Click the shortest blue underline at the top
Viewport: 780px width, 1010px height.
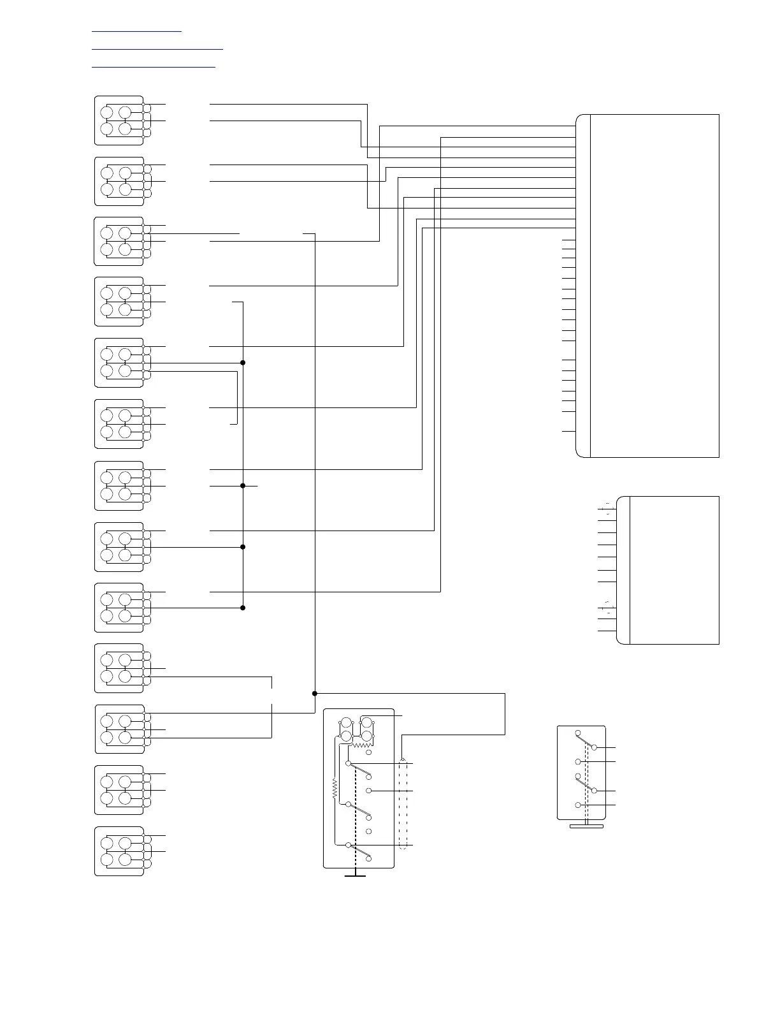pos(136,30)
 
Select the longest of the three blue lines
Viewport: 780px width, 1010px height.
pos(157,48)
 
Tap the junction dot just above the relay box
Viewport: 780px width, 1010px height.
pos(315,693)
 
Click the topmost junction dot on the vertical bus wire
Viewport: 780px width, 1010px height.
pos(243,362)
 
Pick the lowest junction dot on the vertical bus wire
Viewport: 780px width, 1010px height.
pos(243,608)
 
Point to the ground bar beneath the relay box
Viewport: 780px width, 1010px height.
pos(355,876)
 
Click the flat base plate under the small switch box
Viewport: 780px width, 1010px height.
pos(586,826)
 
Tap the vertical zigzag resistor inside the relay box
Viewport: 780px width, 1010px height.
pos(334,791)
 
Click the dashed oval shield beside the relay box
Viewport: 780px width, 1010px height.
pos(403,803)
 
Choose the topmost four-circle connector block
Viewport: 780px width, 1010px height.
pos(119,121)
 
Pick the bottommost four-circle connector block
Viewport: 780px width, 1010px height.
pos(119,851)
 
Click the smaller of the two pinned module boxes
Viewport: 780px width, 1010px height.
pos(668,570)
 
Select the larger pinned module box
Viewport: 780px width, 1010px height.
pos(647,286)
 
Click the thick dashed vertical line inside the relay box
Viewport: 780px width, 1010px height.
pos(355,810)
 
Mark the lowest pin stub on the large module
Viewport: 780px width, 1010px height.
pos(568,432)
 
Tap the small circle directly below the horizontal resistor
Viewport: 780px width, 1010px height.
pos(368,753)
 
